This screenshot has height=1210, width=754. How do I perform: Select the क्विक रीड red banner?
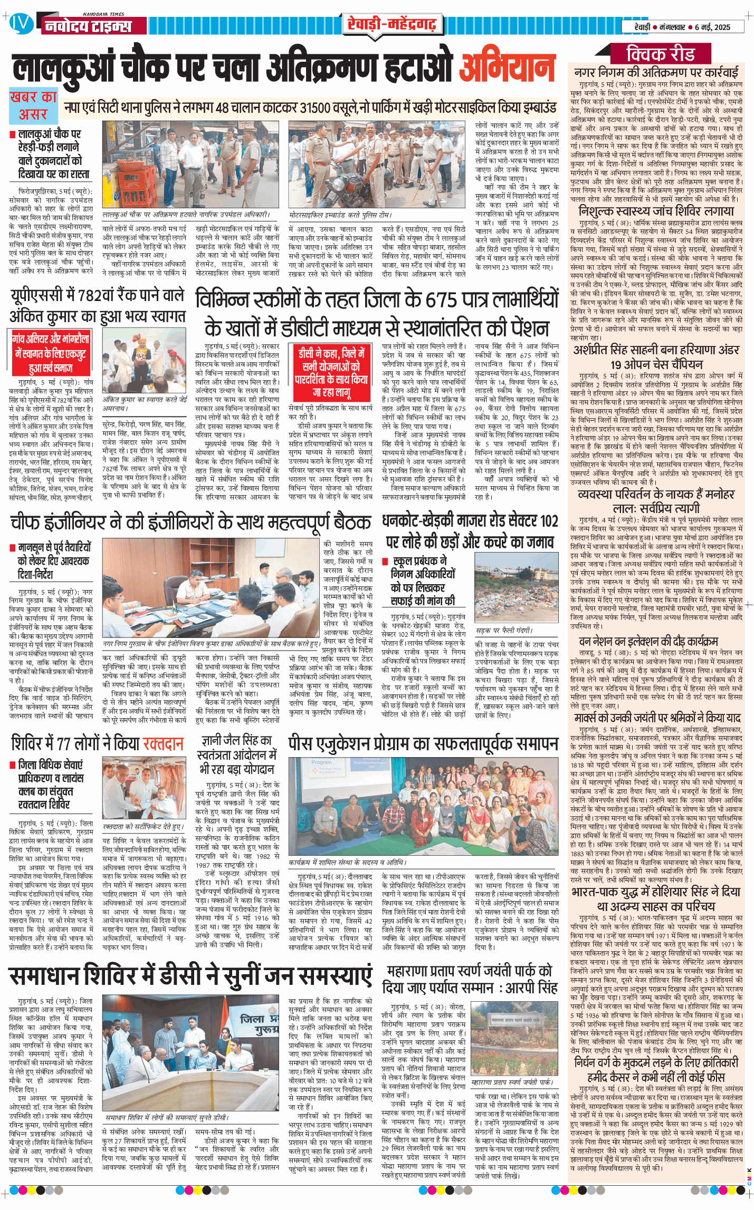click(661, 54)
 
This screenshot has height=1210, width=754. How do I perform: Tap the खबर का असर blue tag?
click(34, 106)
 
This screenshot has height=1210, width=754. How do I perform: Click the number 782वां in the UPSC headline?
click(113, 296)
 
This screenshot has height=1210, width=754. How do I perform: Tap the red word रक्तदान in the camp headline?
click(163, 743)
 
